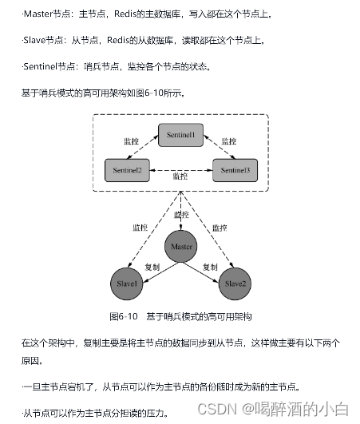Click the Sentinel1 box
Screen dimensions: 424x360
[x=180, y=136]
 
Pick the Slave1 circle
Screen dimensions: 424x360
[x=128, y=283]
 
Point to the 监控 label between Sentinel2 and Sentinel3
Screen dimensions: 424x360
[x=181, y=176]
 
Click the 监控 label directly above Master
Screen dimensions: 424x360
[x=181, y=215]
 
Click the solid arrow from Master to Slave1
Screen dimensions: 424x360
[x=153, y=269]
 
